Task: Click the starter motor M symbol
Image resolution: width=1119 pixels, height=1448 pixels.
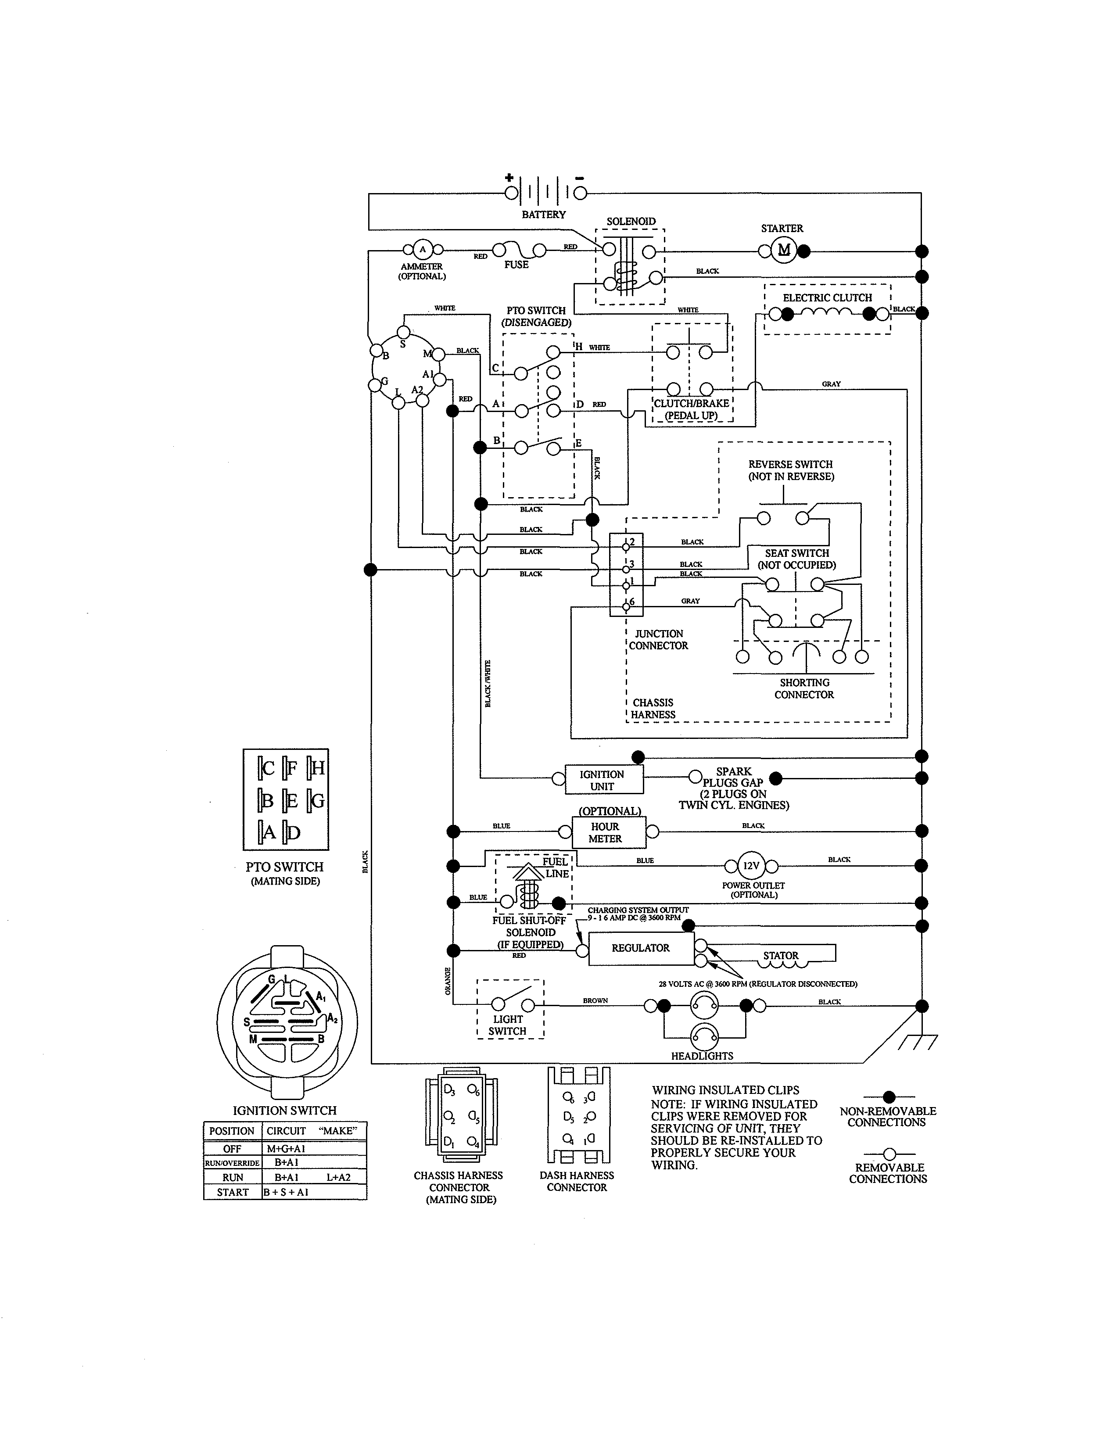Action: point(784,251)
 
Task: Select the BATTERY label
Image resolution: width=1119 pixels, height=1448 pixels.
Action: point(544,215)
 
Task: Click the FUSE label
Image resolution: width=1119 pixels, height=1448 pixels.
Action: point(516,265)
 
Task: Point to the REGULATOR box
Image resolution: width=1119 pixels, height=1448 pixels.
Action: point(640,948)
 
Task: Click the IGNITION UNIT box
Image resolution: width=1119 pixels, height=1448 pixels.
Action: point(603,780)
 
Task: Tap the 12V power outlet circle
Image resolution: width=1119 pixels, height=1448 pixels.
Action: point(751,866)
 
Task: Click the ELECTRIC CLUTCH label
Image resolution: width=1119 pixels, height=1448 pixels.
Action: point(827,297)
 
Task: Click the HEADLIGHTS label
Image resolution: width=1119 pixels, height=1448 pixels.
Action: point(702,1056)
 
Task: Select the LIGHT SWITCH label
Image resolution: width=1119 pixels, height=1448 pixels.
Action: point(508,1025)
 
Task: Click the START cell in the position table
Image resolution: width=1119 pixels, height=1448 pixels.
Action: point(233,1192)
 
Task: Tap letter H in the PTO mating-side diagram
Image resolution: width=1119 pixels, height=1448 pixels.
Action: point(318,768)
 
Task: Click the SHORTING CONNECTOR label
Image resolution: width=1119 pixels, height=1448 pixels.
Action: point(804,688)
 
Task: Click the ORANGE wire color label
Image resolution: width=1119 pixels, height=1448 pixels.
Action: point(448,981)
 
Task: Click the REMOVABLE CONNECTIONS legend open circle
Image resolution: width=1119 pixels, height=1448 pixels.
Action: point(889,1154)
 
